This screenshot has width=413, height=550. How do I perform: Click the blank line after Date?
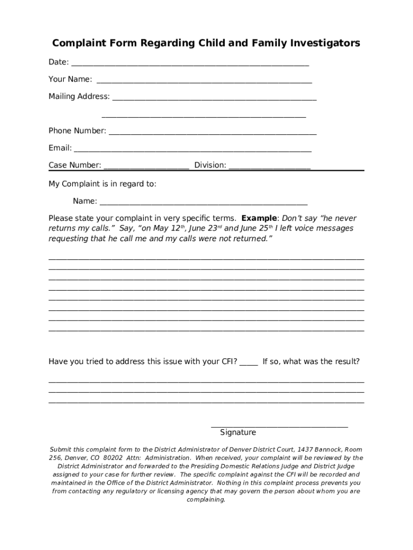(x=190, y=63)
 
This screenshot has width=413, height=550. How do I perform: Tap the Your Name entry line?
(x=204, y=81)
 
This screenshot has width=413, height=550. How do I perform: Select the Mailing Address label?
(x=79, y=97)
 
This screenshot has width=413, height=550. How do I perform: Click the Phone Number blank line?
(x=212, y=132)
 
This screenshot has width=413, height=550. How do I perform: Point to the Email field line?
(x=193, y=149)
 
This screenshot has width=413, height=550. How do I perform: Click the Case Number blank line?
(x=146, y=167)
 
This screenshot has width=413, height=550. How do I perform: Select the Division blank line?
(x=269, y=167)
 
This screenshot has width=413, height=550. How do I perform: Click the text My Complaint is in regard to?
(x=102, y=184)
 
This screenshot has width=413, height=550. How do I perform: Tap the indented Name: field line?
(x=204, y=202)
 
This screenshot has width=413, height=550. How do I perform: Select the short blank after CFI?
(x=248, y=363)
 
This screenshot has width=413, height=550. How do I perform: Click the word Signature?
(x=238, y=432)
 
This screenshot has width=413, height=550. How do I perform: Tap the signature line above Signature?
(x=279, y=426)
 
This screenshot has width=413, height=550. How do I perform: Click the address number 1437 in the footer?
(x=305, y=449)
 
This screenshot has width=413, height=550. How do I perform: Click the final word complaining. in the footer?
(x=206, y=500)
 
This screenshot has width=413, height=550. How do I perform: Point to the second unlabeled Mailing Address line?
(x=204, y=115)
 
